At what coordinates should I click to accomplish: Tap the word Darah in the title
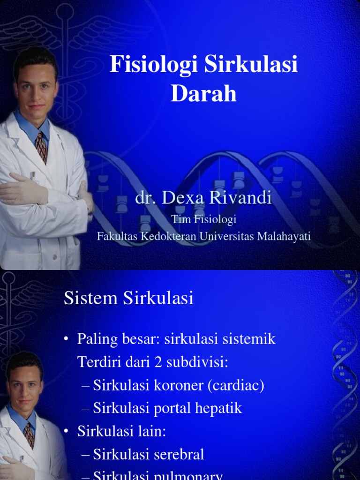(203, 93)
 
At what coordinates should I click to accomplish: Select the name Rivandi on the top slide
(244, 198)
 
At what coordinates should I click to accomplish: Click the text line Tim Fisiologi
(203, 219)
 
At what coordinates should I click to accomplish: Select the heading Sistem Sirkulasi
(128, 298)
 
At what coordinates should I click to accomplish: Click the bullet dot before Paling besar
(67, 339)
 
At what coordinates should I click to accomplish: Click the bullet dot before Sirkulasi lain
(67, 432)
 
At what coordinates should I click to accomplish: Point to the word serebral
(180, 454)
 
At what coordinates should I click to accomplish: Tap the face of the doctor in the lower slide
(25, 387)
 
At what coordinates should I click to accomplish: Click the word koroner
(173, 385)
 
